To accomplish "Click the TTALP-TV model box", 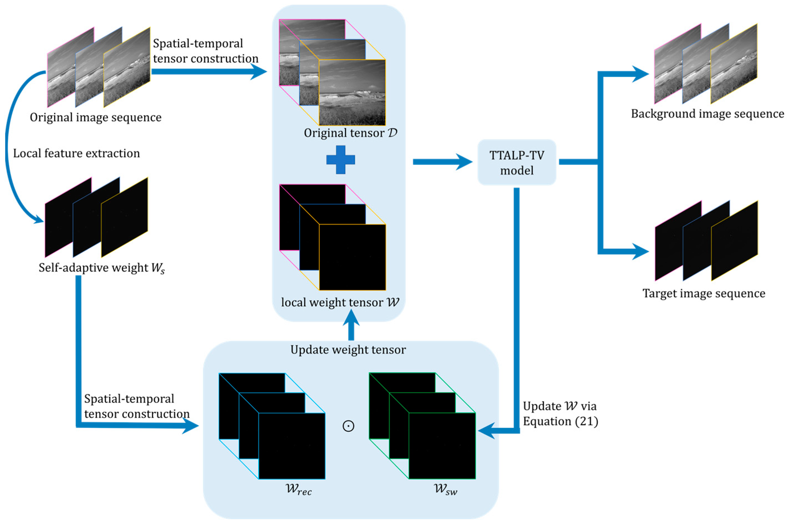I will point(516,162).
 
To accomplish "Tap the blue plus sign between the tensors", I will point(340,160).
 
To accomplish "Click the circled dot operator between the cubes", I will point(348,426).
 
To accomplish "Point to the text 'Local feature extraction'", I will point(76,153).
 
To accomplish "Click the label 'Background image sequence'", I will point(707,114).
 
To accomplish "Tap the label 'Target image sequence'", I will point(704,294).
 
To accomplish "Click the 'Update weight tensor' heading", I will point(348,350).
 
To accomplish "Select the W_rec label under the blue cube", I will point(298,490).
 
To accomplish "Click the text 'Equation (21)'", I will point(560,422).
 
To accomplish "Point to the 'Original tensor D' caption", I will point(350,133).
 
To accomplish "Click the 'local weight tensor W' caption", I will point(340,302).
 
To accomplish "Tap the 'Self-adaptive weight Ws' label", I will point(102,268).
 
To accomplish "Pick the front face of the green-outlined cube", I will point(442,446).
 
